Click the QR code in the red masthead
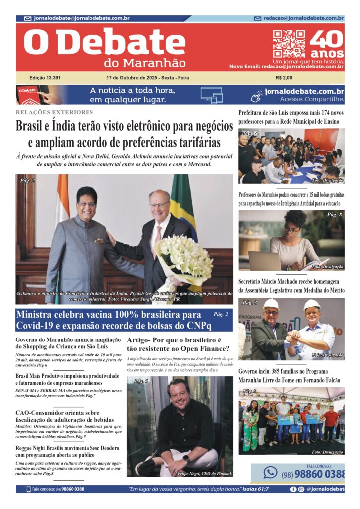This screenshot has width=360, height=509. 289,44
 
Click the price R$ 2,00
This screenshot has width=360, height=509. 284,78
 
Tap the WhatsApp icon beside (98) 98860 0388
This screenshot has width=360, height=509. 270,472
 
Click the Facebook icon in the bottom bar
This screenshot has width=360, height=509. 293,489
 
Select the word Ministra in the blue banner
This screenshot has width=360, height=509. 35,315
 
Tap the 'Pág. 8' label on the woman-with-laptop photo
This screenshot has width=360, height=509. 334,215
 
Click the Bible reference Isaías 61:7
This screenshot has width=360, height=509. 253,489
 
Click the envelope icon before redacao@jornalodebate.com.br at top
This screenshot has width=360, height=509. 257,18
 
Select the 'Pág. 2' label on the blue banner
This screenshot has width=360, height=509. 221,314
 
